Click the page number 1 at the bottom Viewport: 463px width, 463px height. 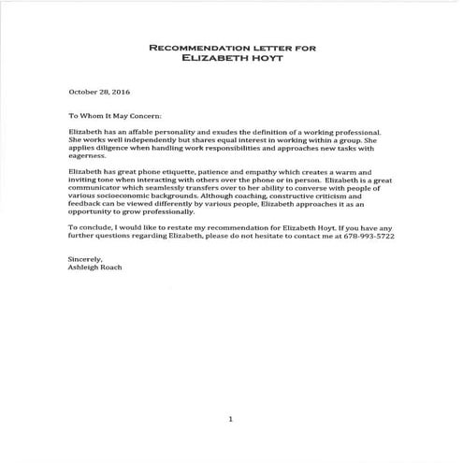click(230, 418)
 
